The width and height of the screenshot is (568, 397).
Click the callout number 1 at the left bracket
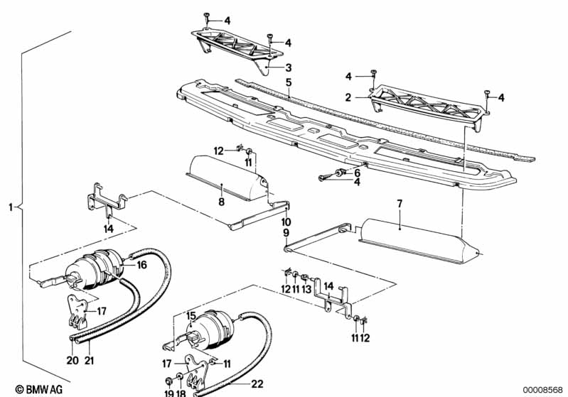point(10,207)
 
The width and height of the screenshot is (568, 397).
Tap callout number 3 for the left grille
point(289,68)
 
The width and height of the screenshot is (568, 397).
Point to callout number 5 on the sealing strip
point(289,82)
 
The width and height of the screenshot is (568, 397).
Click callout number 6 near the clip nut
point(357,172)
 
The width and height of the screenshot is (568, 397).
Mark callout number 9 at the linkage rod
point(286,232)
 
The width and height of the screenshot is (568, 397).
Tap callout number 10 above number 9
point(286,222)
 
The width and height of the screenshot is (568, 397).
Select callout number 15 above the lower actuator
point(191,315)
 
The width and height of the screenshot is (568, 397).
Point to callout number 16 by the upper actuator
point(141,264)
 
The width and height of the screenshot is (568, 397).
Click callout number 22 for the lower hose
point(257,384)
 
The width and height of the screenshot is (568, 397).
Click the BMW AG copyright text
point(26,389)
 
